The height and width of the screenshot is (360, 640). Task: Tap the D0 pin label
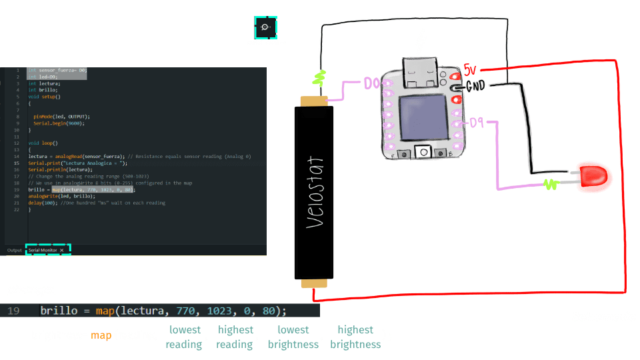click(372, 84)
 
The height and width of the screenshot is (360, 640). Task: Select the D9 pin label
click(476, 123)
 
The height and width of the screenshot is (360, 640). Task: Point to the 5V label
click(471, 69)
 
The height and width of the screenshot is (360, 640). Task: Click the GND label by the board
click(475, 86)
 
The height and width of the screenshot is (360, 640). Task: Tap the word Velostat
click(315, 193)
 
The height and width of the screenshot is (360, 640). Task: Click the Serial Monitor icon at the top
click(265, 27)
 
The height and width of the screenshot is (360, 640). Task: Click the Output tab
click(15, 250)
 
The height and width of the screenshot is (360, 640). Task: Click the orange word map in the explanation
click(101, 335)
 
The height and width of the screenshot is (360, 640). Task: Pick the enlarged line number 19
click(13, 311)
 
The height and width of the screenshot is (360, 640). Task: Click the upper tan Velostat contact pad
click(313, 101)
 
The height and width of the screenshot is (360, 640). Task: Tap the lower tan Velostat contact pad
click(314, 283)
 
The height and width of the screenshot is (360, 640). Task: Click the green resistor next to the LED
click(551, 184)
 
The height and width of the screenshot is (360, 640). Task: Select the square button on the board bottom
click(423, 152)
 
